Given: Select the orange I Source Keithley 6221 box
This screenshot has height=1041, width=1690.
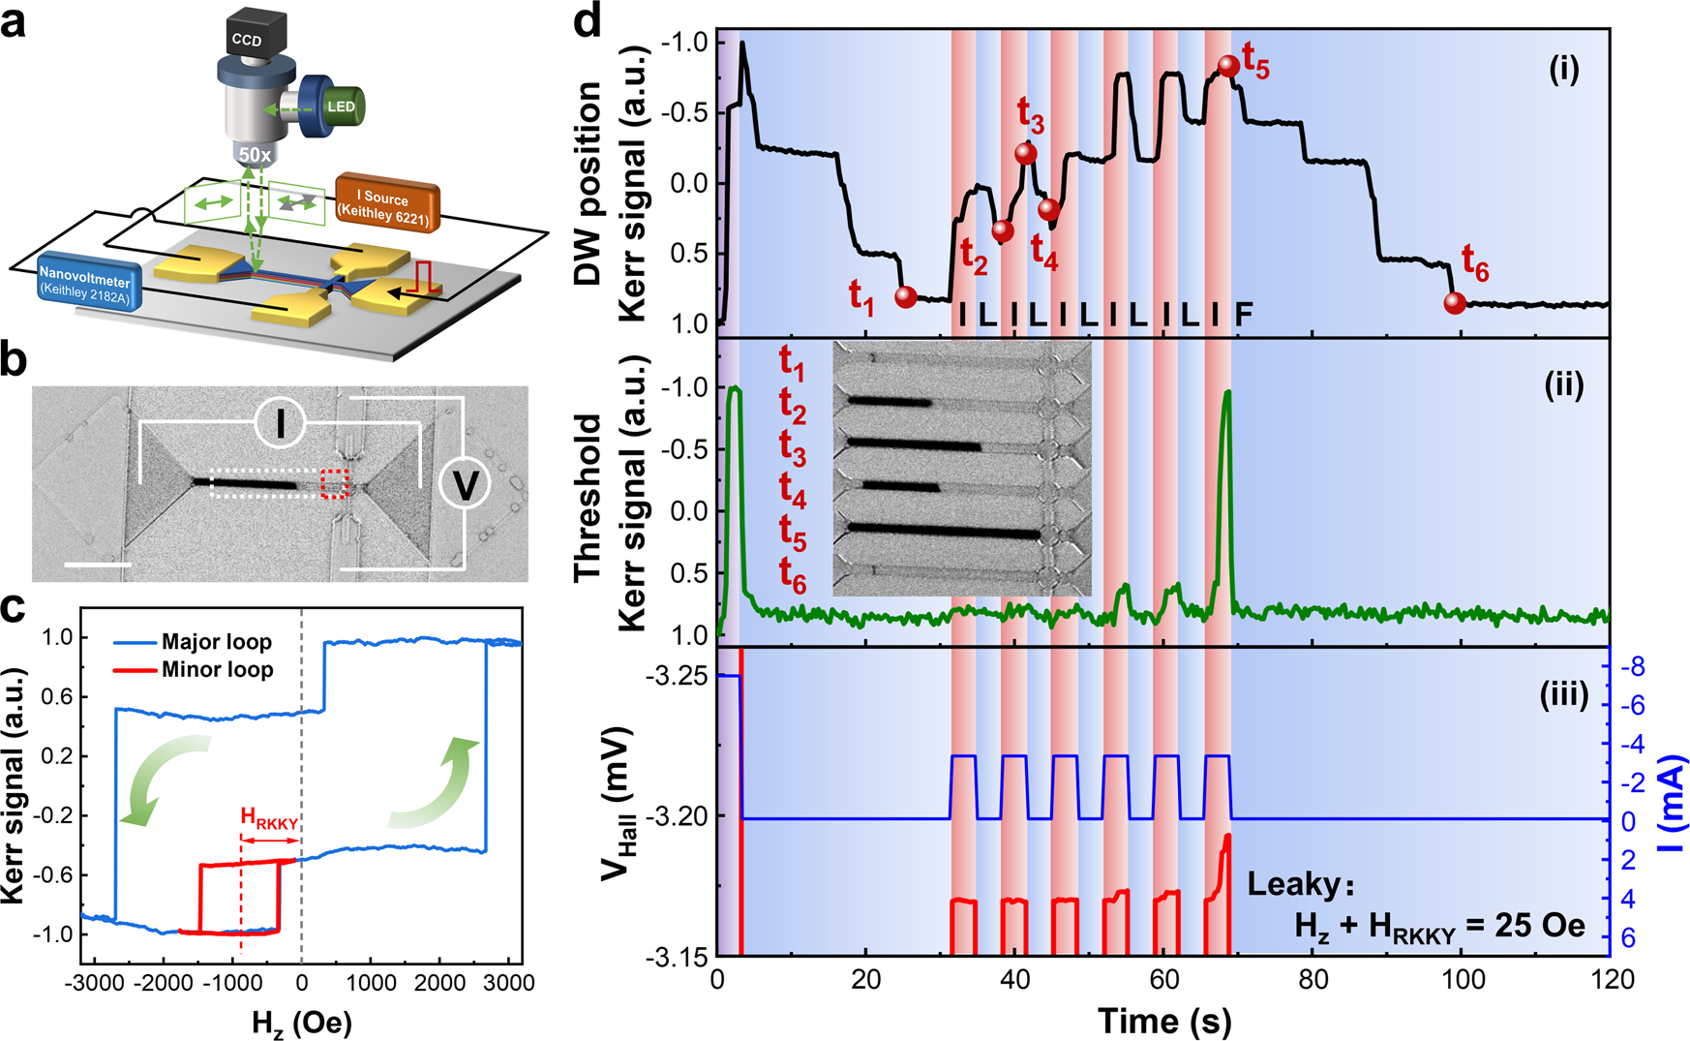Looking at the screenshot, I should click(387, 204).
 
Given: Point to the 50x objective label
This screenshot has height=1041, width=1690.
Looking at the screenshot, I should click(255, 155).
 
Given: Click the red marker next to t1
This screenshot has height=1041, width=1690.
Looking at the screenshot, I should click(906, 296).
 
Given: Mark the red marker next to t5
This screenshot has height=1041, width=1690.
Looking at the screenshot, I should click(1228, 66).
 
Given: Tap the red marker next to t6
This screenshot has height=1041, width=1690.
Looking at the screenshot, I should click(1455, 303).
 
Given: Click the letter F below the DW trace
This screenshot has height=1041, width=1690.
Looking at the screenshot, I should click(1244, 313).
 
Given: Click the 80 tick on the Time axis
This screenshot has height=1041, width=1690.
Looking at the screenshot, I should click(1313, 980).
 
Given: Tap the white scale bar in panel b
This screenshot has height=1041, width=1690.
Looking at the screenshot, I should click(98, 564).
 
